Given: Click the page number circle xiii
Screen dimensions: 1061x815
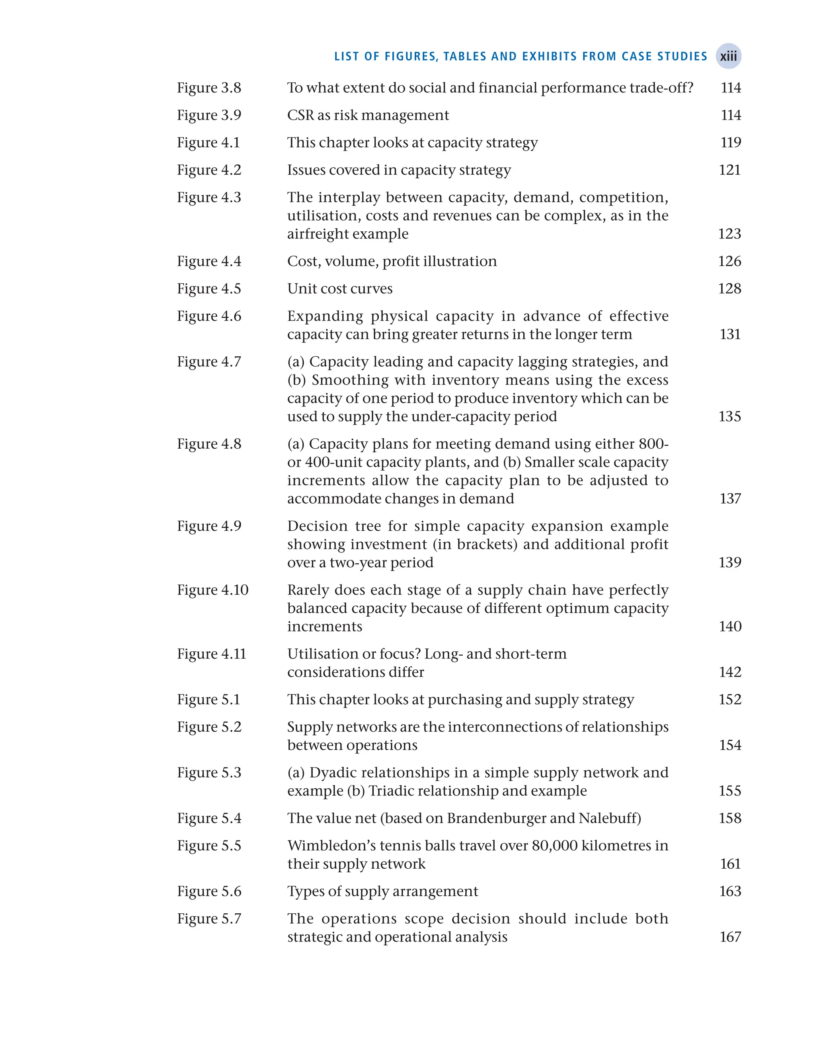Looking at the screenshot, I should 728,56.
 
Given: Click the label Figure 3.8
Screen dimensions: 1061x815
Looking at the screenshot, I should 209,88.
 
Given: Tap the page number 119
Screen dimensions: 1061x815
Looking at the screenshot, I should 731,143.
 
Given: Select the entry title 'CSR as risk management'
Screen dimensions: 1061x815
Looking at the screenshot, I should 368,115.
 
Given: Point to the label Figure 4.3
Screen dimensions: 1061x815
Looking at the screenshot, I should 209,197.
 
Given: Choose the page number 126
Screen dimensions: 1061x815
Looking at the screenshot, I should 729,262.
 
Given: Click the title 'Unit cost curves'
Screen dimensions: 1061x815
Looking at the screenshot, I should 339,289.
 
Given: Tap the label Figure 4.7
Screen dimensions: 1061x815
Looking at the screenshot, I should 209,362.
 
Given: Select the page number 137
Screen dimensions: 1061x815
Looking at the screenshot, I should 730,499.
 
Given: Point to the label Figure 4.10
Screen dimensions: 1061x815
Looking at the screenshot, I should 213,590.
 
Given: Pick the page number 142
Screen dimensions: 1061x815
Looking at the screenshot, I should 730,672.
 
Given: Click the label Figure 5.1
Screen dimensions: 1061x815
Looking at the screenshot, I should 209,700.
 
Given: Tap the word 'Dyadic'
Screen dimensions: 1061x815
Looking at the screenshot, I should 332,773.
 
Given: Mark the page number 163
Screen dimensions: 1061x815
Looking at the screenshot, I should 730,892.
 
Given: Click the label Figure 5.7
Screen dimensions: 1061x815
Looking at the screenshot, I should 209,919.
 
